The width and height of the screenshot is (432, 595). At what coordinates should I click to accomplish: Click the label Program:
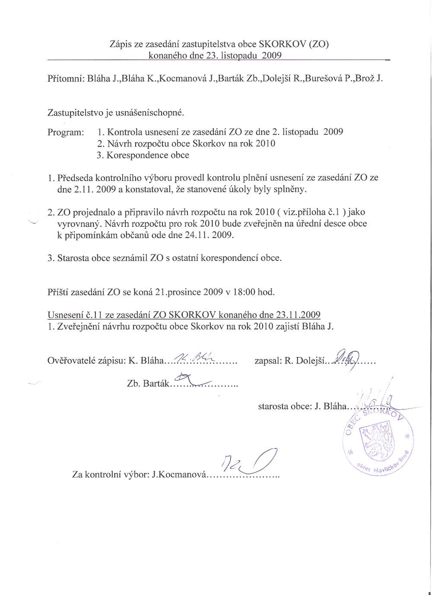pos(66,132)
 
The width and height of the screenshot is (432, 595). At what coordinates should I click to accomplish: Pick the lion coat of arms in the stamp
pos(375,443)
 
